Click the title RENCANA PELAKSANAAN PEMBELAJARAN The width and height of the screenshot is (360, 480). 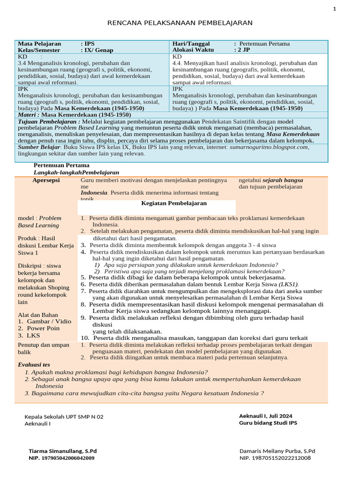tap(180, 22)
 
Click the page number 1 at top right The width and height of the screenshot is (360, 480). tap(347, 8)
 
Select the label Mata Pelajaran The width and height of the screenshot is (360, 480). tap(41, 44)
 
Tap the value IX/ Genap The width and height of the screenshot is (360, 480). tap(99, 50)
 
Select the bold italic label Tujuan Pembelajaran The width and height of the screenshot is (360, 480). tap(46, 121)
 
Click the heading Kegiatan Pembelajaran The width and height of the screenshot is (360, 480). tap(174, 203)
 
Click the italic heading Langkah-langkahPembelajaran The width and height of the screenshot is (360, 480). tap(76, 172)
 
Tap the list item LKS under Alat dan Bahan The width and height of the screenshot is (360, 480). tap(33, 335)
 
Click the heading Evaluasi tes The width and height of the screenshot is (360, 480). tap(34, 364)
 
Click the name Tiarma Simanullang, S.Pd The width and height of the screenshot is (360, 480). tap(63, 451)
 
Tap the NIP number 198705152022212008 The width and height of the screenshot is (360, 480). tap(275, 458)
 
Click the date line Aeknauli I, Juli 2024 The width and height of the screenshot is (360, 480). tap(265, 415)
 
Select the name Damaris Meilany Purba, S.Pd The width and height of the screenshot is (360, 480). tap(277, 451)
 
